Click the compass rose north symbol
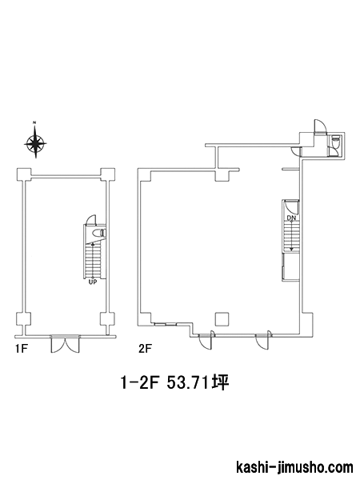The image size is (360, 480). pos(35,142)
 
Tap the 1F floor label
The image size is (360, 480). pos(22,349)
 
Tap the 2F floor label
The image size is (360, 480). pos(145,349)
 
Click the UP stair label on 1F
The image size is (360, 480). pos(93,282)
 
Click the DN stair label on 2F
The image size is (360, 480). pos(291,218)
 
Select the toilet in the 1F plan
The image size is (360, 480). pos(99,233)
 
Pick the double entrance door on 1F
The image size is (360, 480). pos(66,345)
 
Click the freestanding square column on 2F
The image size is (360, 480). pos(222,319)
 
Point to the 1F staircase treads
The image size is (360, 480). pos(93,259)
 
